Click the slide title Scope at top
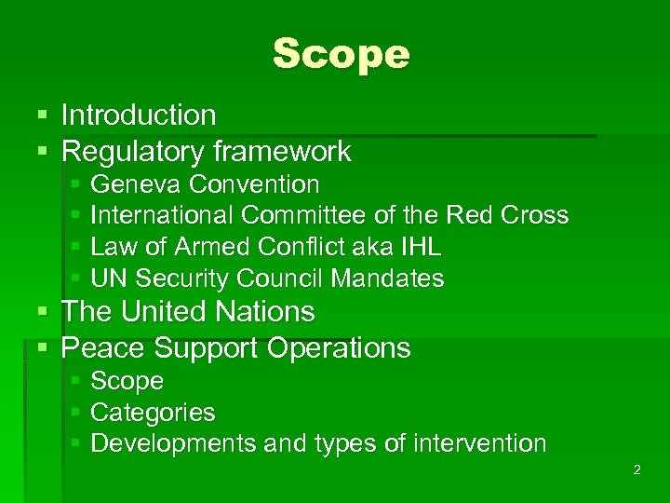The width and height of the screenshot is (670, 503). (341, 55)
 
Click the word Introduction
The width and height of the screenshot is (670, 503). (139, 116)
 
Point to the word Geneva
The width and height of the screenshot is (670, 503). (130, 184)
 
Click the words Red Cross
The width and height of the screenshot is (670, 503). (508, 215)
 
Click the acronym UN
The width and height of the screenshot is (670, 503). (107, 279)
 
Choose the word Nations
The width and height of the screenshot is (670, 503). (265, 311)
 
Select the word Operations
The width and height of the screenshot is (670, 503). (338, 348)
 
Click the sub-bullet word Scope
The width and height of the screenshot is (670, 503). (127, 381)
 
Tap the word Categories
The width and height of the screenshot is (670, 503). (153, 412)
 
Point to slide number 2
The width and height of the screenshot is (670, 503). (636, 470)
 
